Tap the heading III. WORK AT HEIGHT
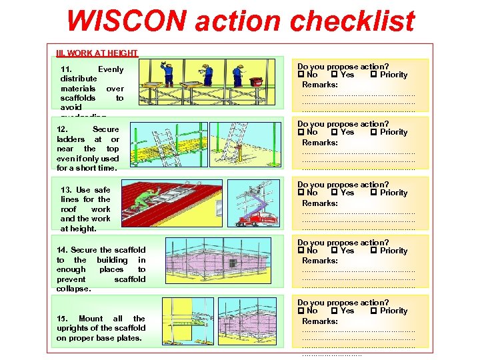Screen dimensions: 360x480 pyautogui.click(x=97, y=53)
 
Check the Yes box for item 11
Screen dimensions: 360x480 pyautogui.click(x=334, y=75)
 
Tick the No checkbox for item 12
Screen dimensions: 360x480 pyautogui.click(x=301, y=132)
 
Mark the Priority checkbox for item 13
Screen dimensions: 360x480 pyautogui.click(x=373, y=193)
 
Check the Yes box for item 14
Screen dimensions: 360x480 pyautogui.click(x=334, y=251)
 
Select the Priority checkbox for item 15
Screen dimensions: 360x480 pyautogui.click(x=373, y=311)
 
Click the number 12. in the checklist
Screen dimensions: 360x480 pyautogui.click(x=63, y=129)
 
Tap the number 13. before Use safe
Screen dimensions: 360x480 pyautogui.click(x=67, y=190)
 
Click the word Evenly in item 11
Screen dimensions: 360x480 pyautogui.click(x=110, y=69)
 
